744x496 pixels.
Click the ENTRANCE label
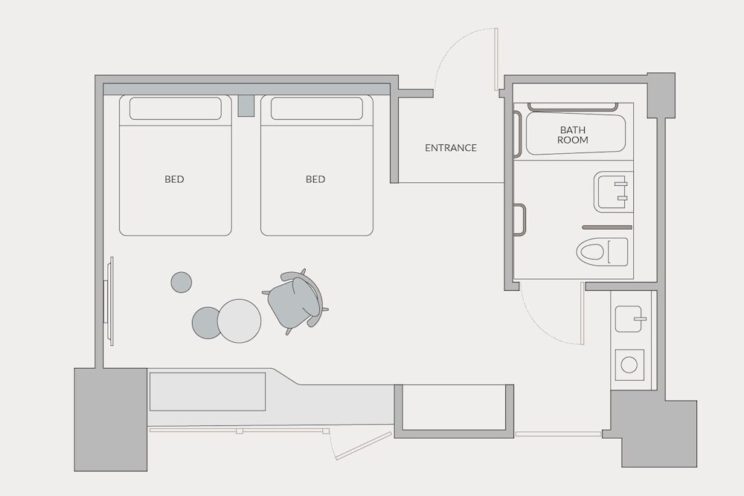[x=450, y=148]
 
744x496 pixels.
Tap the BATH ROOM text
[x=573, y=135]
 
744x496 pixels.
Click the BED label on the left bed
[x=174, y=179]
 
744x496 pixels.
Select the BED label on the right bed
[x=315, y=179]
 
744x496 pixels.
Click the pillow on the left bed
[x=176, y=109]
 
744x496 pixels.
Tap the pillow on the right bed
[x=317, y=109]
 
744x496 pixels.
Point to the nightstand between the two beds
[x=246, y=106]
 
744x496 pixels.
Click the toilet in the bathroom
[x=602, y=251]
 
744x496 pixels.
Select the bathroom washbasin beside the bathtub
[x=613, y=192]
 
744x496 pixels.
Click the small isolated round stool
[x=182, y=282]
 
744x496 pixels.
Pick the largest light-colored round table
[x=239, y=321]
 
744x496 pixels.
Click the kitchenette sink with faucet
[x=629, y=319]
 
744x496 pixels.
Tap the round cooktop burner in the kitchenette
[x=629, y=364]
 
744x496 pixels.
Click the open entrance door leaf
[x=496, y=59]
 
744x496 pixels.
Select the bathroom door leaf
[x=583, y=313]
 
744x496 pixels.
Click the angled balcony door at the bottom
[x=363, y=445]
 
